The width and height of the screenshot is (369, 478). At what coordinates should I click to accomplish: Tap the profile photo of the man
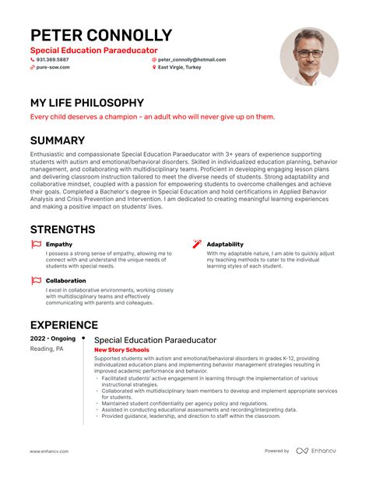click(308, 57)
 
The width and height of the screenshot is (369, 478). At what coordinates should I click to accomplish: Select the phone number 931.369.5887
click(52, 59)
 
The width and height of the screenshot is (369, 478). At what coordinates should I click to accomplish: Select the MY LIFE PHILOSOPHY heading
click(86, 102)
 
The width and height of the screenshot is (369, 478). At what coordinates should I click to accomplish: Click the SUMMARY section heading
click(57, 140)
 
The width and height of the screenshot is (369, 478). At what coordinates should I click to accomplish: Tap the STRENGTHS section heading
click(62, 229)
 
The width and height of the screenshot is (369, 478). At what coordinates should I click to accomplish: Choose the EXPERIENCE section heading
click(64, 324)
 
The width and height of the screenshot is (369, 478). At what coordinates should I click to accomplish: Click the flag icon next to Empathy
click(36, 244)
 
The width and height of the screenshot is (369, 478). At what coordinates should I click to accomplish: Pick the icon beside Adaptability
click(198, 244)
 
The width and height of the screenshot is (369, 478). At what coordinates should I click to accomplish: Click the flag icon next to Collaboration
click(36, 280)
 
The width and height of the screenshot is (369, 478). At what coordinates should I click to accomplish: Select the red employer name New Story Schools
click(121, 350)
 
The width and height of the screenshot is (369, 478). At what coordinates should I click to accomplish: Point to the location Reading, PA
click(47, 349)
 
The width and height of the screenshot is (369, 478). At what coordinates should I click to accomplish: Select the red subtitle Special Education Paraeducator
click(93, 50)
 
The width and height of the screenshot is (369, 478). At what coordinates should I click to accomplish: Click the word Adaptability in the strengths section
click(225, 244)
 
